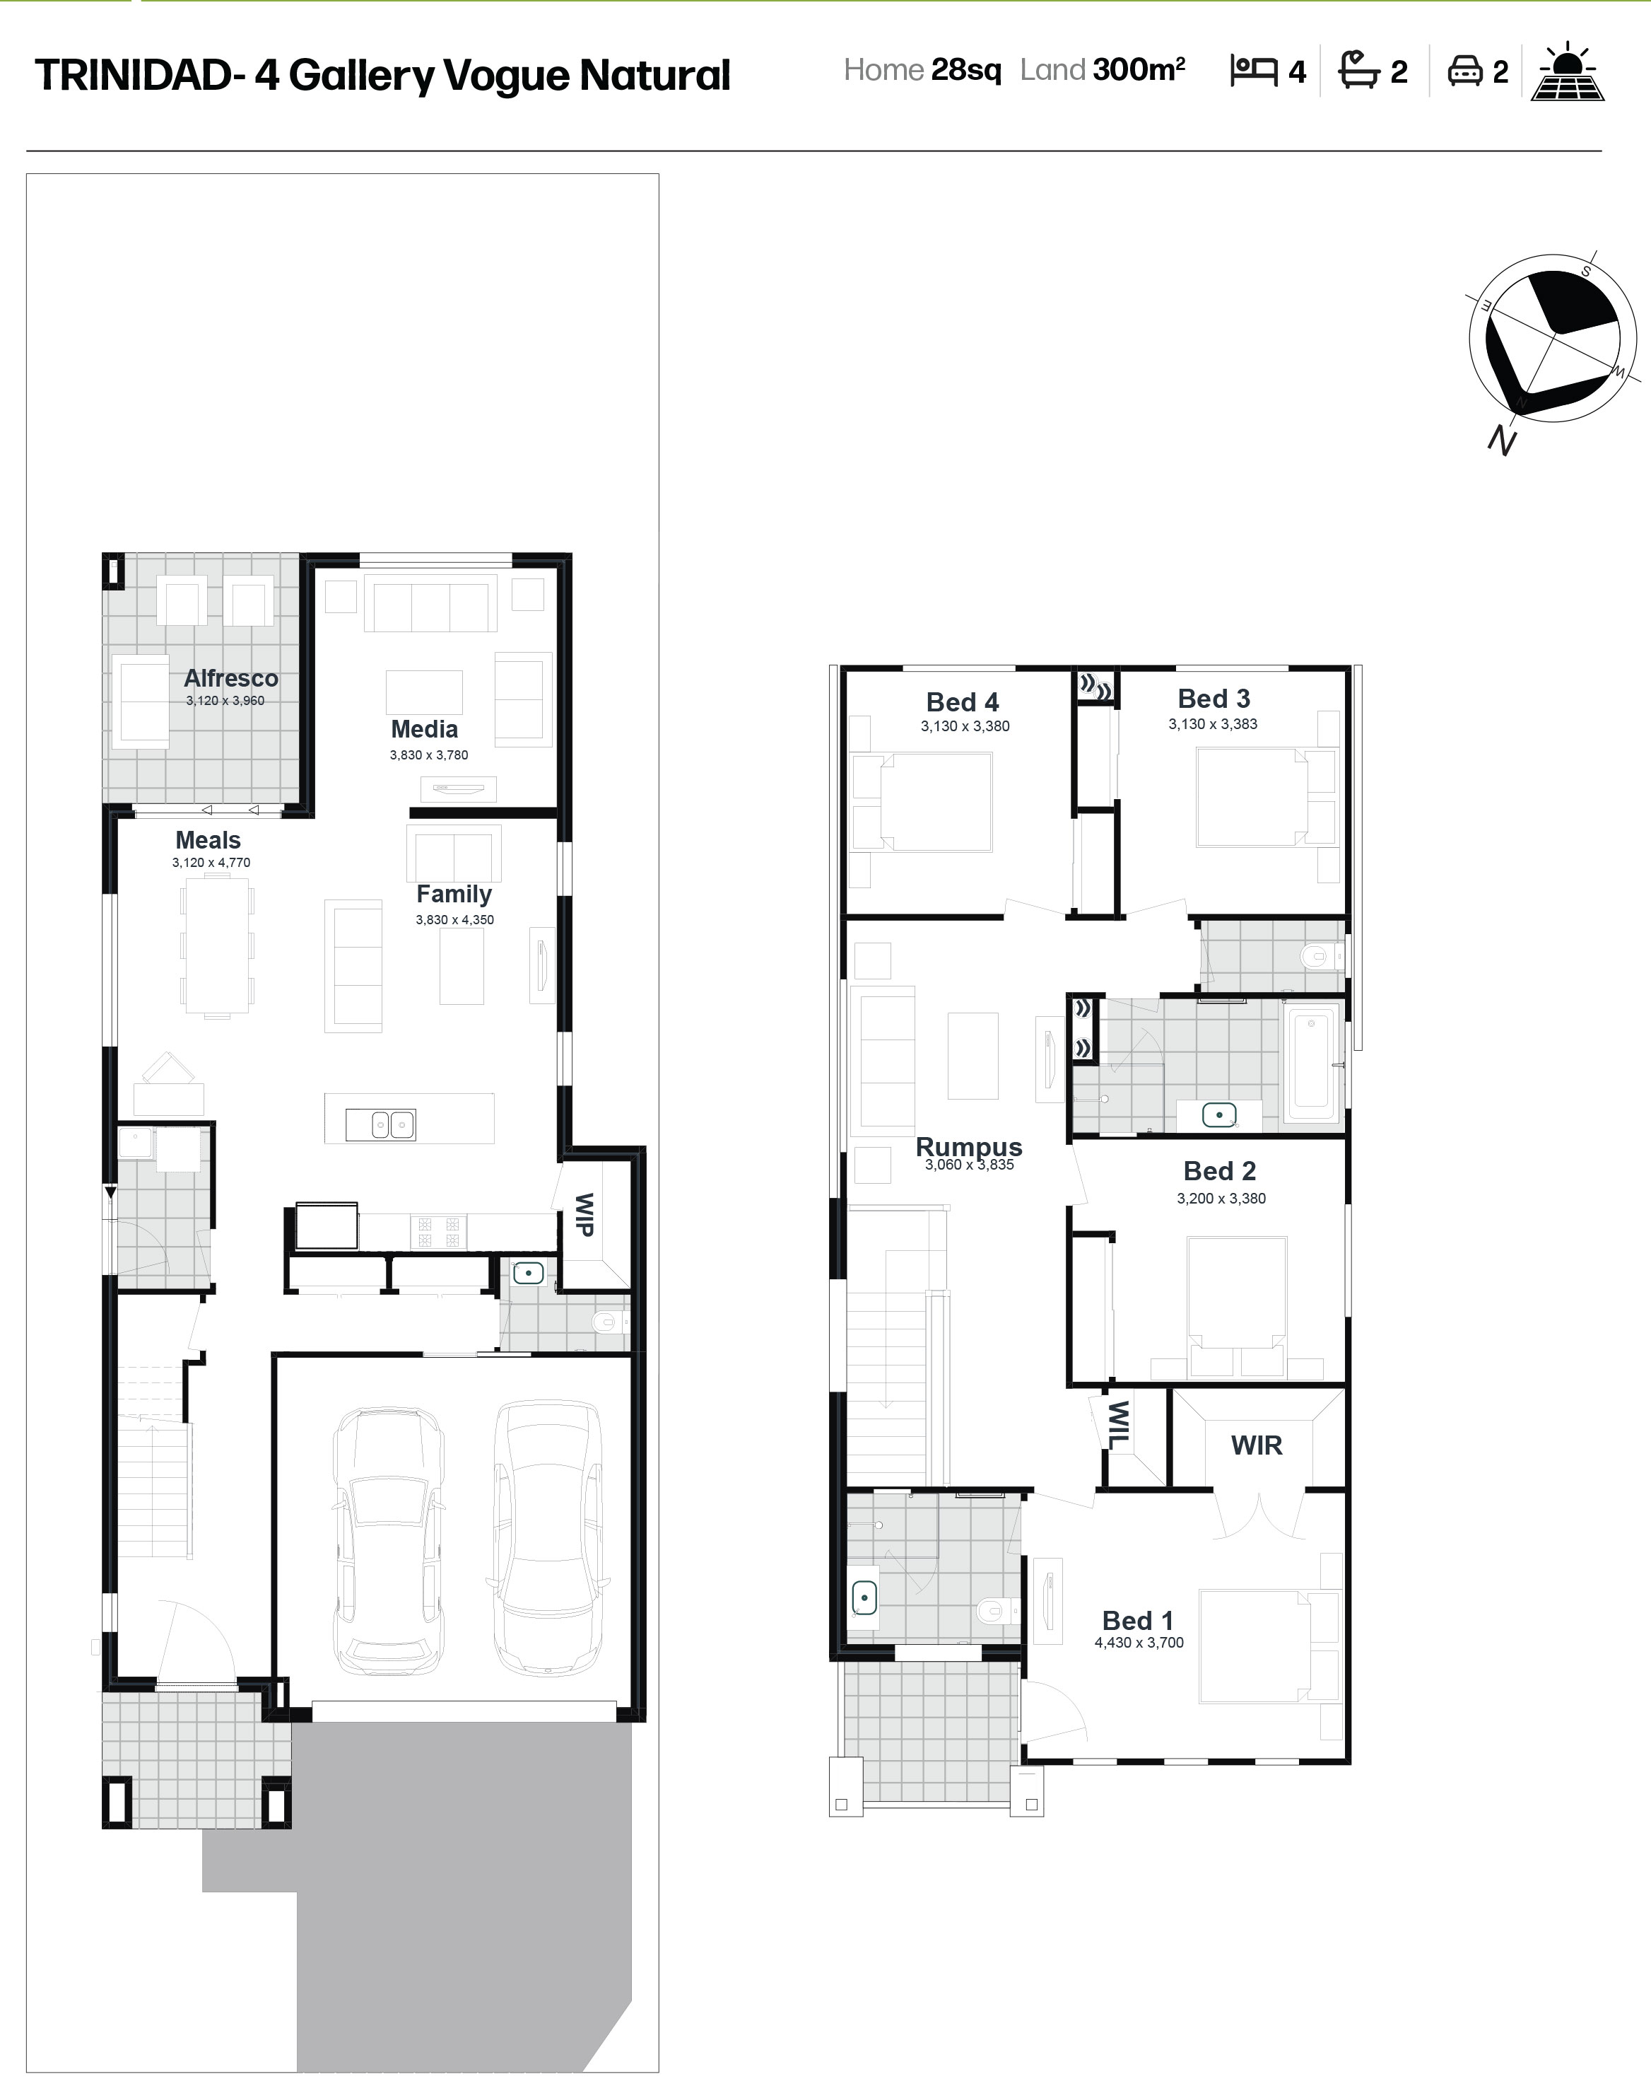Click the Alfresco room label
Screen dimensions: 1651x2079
(x=231, y=678)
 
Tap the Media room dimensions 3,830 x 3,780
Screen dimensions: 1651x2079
(x=429, y=755)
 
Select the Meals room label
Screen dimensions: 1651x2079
(x=208, y=840)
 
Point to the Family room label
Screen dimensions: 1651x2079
(x=454, y=895)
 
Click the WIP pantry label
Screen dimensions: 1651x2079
(x=584, y=1214)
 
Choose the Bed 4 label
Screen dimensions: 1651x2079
(x=962, y=702)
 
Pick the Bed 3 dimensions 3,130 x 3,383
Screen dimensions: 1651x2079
(x=1213, y=724)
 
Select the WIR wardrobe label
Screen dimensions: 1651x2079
(x=1257, y=1445)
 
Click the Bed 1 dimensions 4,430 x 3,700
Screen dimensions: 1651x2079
(x=1139, y=1643)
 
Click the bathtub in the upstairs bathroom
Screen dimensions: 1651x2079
(x=1312, y=1058)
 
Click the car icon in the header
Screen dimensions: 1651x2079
(x=1465, y=71)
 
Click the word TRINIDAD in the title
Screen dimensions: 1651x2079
(x=133, y=75)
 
